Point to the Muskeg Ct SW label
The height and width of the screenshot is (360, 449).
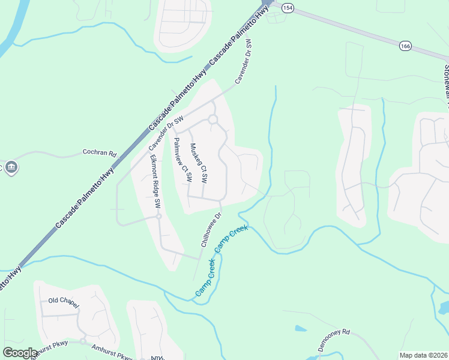(199, 163)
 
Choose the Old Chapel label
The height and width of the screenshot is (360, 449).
(62, 300)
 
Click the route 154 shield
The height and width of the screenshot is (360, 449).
(288, 7)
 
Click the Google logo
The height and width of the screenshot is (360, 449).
(20, 353)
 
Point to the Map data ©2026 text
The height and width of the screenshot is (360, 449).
(423, 355)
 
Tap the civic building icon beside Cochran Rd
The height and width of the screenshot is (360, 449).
(10, 167)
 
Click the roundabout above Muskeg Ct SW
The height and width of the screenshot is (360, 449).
(212, 119)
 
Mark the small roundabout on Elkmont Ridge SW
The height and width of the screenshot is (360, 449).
(158, 216)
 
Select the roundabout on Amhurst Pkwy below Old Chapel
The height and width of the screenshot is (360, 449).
(83, 341)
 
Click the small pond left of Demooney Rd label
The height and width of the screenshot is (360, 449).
(300, 328)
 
